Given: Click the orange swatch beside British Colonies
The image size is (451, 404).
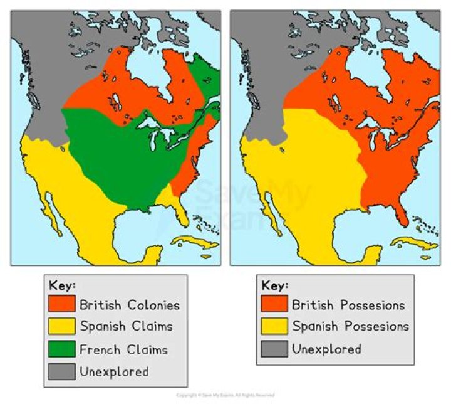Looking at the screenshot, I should [62, 305].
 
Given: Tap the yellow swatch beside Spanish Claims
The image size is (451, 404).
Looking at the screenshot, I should [62, 326].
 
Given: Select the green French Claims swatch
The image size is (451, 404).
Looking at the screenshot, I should [62, 349].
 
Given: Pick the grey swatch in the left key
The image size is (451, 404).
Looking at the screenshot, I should [62, 371].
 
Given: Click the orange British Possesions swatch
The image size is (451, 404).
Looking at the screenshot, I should [274, 305].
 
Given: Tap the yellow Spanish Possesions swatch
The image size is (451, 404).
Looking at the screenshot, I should [274, 326].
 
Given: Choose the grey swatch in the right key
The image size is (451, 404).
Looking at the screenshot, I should [274, 349].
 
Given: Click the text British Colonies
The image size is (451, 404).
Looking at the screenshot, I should [129, 306].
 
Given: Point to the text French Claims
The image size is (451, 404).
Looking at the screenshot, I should [123, 349].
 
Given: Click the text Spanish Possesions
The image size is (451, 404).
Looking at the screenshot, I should [350, 327].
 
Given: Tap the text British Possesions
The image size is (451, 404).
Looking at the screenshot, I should [348, 306].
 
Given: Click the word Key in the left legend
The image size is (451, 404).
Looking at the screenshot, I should [62, 285].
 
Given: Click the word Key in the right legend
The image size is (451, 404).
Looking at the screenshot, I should [275, 285].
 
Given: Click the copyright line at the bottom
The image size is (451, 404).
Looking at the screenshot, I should [225, 395].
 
